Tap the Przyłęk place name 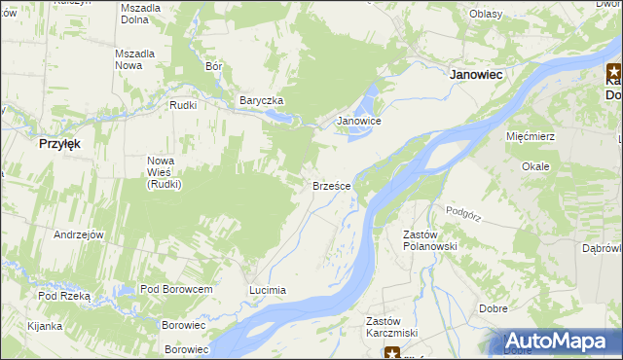tap(59, 142)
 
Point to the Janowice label tap(357, 121)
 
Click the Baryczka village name tap(262, 100)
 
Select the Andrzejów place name tap(79, 234)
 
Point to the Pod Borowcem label tap(176, 290)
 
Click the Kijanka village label tap(45, 325)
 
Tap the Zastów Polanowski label tap(429, 240)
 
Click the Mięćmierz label tap(531, 136)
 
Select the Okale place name tap(535, 166)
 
